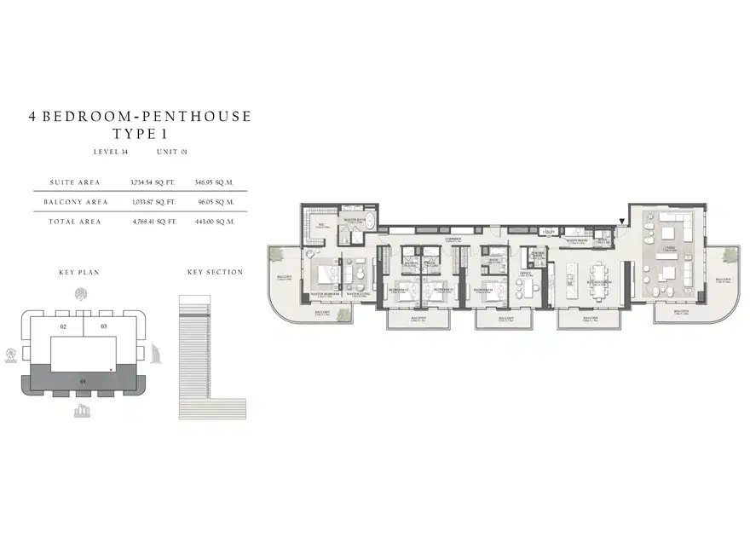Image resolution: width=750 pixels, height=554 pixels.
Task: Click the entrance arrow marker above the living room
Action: click(x=621, y=222)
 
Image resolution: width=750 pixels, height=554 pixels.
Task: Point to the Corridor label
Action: click(x=453, y=239)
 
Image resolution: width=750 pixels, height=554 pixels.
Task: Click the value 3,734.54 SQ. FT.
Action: click(x=153, y=182)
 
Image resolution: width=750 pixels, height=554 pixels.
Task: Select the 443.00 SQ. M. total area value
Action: click(x=214, y=222)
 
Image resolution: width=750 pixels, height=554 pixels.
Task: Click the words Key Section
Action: click(x=215, y=273)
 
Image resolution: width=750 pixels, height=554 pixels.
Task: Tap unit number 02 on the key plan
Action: click(x=62, y=326)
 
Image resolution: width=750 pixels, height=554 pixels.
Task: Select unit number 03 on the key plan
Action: click(x=103, y=326)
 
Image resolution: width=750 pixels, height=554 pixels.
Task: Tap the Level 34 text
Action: click(x=111, y=152)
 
